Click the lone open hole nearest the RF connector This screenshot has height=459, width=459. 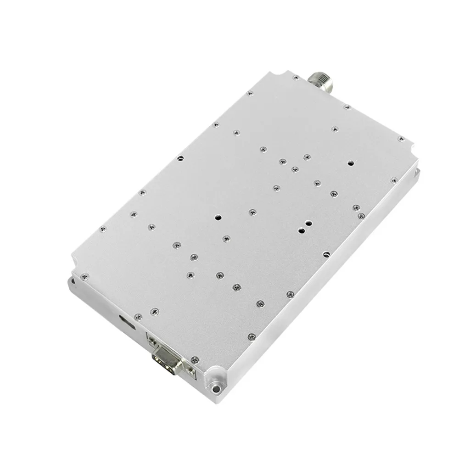click(351, 162)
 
